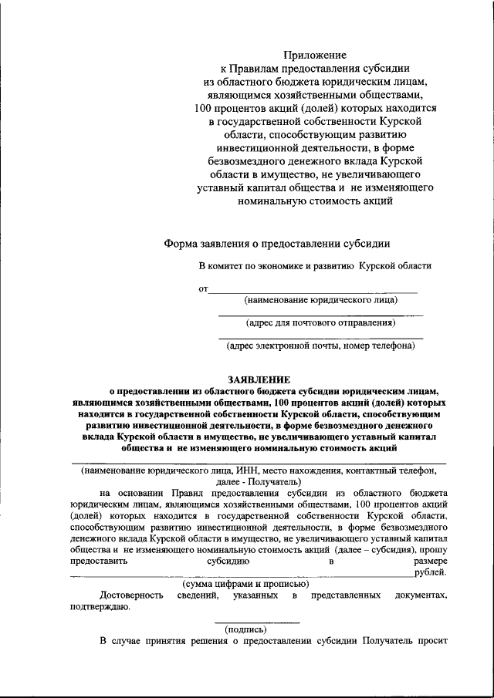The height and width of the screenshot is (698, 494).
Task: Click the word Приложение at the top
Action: pos(314,55)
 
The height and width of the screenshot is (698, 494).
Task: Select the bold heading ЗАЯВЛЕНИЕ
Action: pos(259,379)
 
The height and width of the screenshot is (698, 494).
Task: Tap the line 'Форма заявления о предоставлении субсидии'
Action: pos(277,244)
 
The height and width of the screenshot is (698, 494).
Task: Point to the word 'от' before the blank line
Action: pos(204,290)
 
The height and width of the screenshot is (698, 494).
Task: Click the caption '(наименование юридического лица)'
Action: pos(320,300)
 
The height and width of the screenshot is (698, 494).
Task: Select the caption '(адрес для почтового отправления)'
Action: pos(320,322)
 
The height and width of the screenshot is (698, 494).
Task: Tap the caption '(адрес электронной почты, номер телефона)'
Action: pos(320,346)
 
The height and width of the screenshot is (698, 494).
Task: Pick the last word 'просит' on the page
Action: pos(432,641)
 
